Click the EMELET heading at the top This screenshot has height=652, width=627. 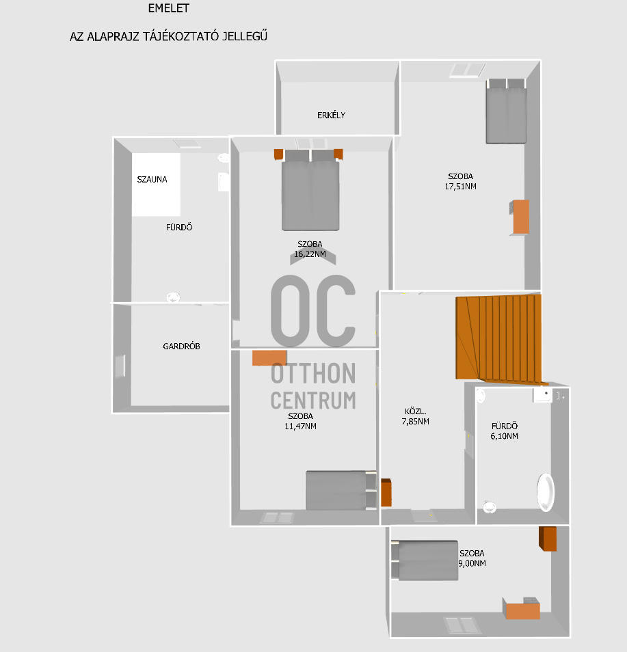(168, 9)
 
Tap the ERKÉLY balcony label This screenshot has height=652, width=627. (331, 115)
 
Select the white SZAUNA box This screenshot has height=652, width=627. (156, 185)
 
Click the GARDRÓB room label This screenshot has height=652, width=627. (181, 347)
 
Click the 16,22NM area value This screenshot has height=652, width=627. (309, 254)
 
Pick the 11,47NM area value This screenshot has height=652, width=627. (301, 426)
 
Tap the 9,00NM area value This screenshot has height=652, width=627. (472, 564)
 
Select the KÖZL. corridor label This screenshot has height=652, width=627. (416, 411)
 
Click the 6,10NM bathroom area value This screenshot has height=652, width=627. (505, 436)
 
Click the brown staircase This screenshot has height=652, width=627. (498, 337)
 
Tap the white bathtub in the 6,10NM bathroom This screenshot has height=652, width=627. (546, 491)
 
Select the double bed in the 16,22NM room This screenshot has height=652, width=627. (310, 191)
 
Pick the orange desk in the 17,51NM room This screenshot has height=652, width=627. (520, 217)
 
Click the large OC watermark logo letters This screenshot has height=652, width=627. (313, 310)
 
